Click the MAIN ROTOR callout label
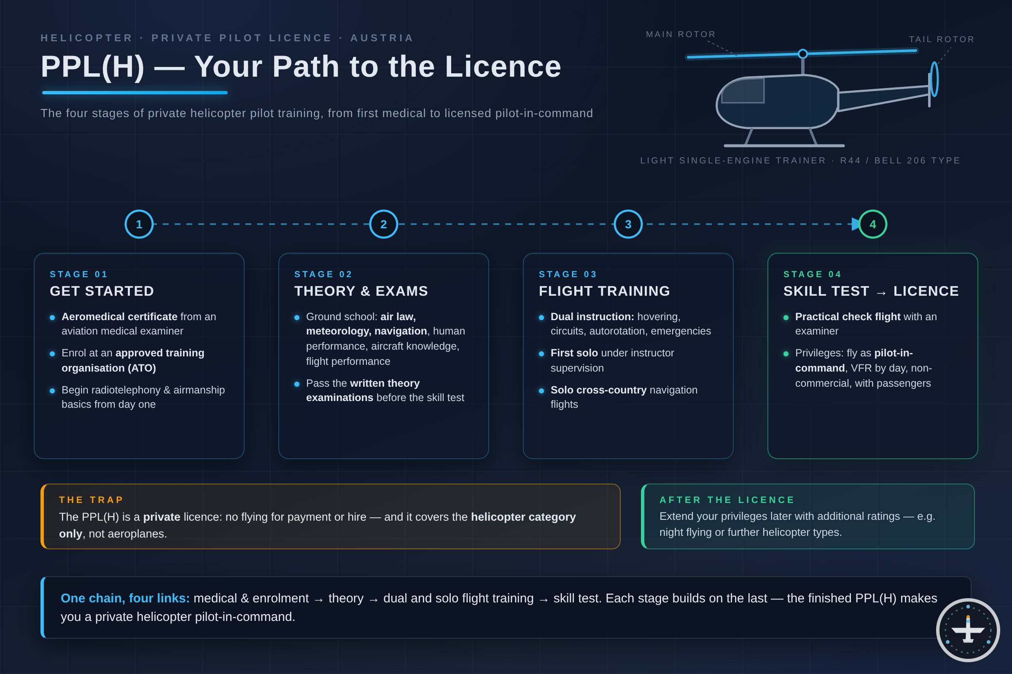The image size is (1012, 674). [x=681, y=35]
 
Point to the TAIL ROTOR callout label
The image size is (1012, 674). [x=942, y=39]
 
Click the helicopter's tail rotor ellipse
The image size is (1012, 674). [x=934, y=80]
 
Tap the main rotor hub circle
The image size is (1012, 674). [x=803, y=54]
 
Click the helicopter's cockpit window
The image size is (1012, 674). [x=743, y=91]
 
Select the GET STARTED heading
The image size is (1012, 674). [x=102, y=291]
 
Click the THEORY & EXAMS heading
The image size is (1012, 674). [x=361, y=291]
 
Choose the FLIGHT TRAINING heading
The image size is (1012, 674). [x=605, y=291]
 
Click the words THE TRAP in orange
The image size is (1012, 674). [x=91, y=500]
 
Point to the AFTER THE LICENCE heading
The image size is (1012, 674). [x=727, y=500]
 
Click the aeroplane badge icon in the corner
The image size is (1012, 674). [x=968, y=630]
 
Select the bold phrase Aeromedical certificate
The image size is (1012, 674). [x=119, y=317]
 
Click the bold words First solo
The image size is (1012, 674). [x=574, y=353]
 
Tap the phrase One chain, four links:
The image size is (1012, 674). [x=125, y=598]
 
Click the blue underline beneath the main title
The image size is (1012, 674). [x=135, y=92]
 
